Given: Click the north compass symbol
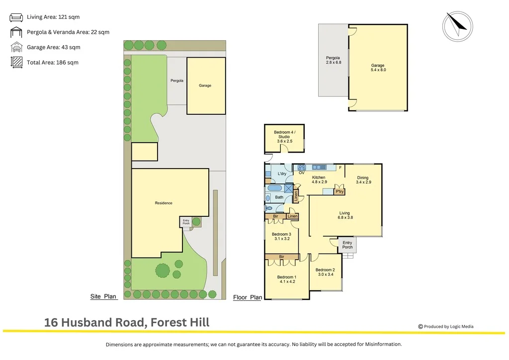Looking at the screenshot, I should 457,25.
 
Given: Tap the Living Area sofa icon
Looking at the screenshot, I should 16,17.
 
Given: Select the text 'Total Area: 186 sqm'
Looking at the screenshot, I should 53,63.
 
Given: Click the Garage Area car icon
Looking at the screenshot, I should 16,48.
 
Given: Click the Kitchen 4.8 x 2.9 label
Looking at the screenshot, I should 318,180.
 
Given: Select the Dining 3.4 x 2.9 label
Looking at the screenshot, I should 363,180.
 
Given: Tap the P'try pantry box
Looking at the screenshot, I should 339,191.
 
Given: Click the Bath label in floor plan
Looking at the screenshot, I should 279,197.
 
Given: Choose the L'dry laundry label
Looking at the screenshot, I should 281,174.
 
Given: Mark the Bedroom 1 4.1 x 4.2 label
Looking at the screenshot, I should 286,279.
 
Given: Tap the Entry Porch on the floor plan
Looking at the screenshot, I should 347,245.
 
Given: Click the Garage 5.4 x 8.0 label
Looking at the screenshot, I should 378,68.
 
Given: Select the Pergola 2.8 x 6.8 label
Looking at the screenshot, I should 333,60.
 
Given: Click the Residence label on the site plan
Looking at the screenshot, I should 164,203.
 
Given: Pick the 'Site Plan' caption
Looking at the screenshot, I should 103,296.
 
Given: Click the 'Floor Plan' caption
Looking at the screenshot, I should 248,297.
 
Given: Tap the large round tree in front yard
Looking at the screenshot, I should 163,270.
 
